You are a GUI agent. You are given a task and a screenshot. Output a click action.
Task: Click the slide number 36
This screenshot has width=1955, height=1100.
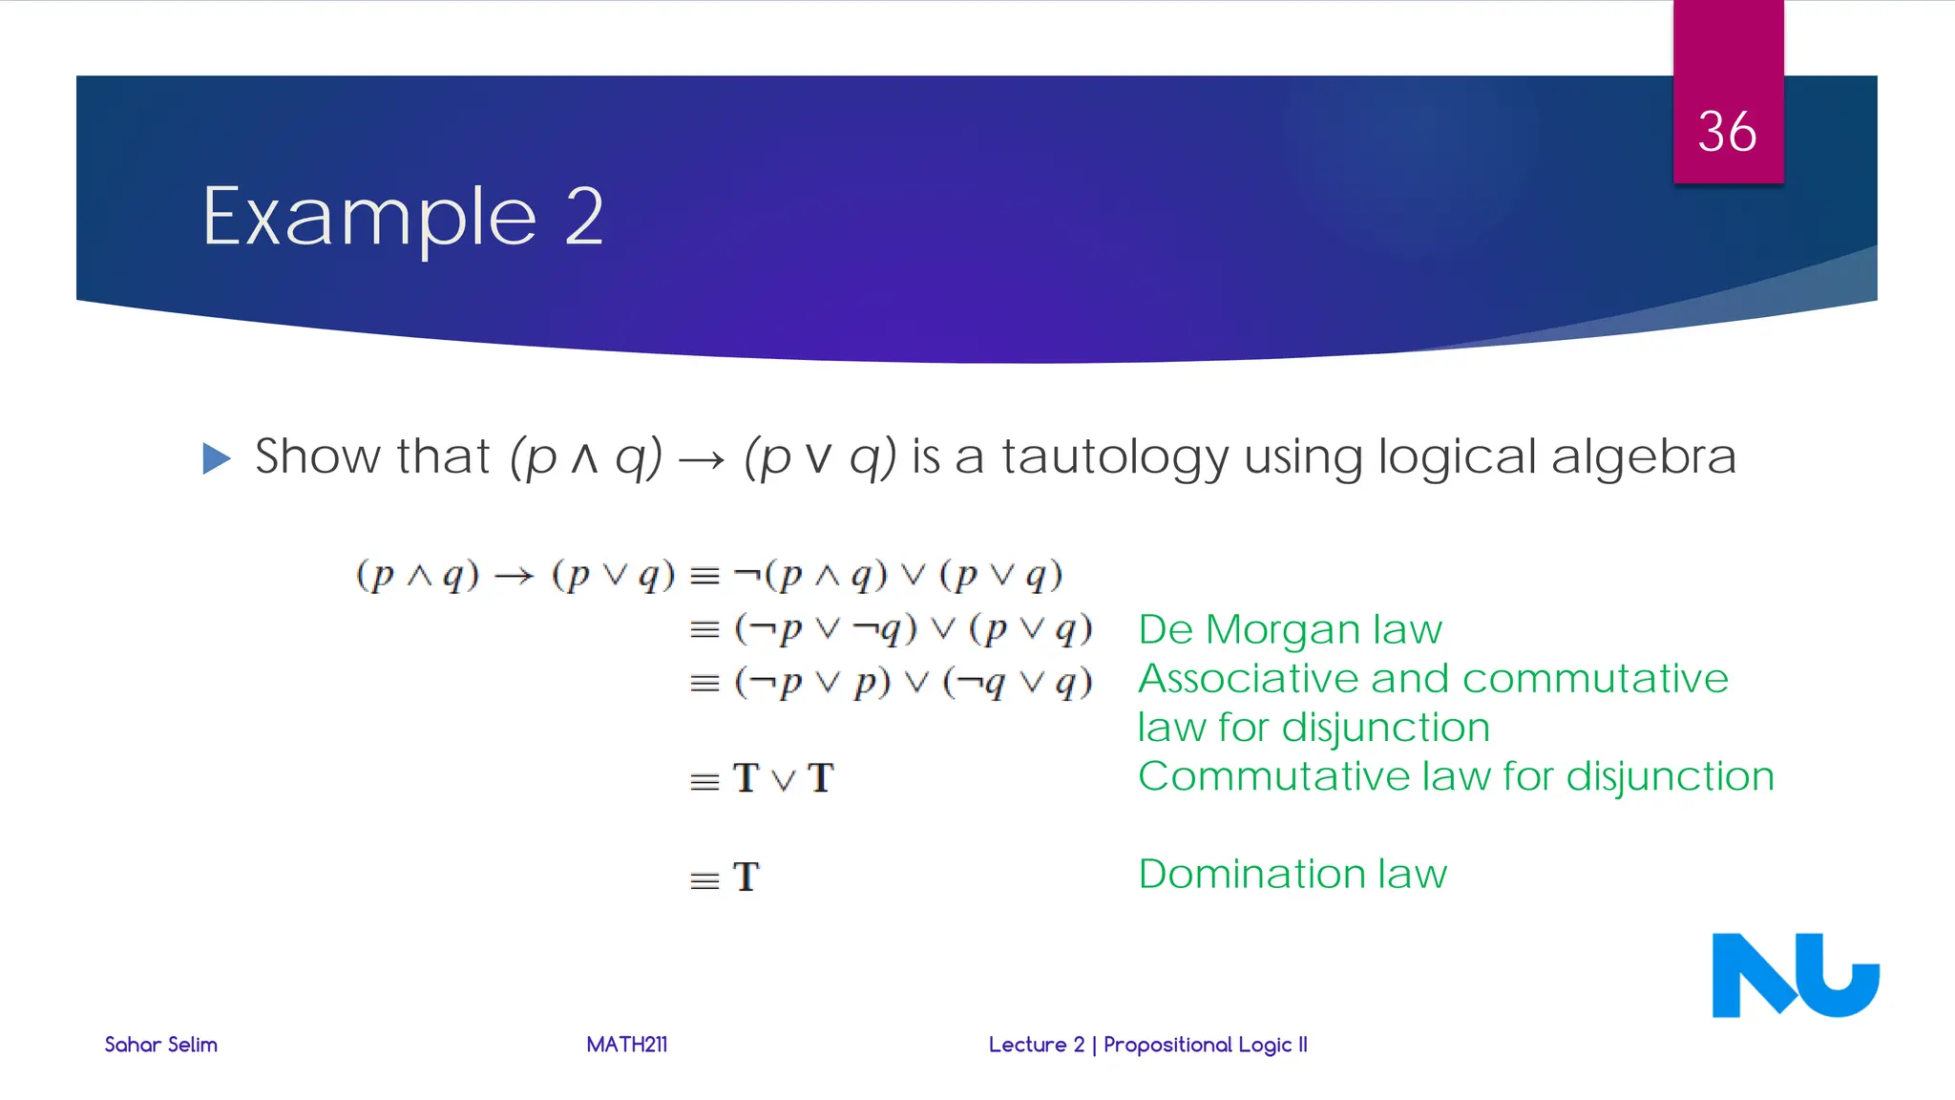coord(1727,132)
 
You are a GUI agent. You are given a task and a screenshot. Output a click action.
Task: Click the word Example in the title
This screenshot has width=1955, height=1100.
coord(369,218)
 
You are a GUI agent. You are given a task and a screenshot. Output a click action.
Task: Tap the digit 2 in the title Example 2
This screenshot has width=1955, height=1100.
coord(584,217)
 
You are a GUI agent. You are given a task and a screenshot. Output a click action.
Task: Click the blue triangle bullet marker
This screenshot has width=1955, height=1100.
coord(217,458)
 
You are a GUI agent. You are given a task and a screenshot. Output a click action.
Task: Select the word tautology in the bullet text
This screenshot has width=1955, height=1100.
coord(1114,457)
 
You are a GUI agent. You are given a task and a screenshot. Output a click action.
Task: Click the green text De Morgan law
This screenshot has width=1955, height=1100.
coord(1290,629)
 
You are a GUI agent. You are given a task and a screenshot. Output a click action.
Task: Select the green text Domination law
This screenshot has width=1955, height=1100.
coord(1293,874)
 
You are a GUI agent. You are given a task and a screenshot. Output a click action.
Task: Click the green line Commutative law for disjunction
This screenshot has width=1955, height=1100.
coord(1456,776)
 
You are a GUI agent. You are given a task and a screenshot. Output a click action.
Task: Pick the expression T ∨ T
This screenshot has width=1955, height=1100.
coord(783,778)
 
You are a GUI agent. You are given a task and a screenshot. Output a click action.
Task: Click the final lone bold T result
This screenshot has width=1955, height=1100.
coord(746,877)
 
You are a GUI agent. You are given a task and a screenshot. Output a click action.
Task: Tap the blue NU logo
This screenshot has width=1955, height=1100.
coord(1795,975)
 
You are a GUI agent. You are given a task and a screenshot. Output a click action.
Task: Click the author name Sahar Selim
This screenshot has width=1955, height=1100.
coord(160,1045)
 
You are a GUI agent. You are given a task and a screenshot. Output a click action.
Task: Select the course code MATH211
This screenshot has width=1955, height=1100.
coord(626,1045)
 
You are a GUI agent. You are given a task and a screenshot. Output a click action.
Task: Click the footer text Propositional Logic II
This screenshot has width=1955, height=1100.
coord(1205,1045)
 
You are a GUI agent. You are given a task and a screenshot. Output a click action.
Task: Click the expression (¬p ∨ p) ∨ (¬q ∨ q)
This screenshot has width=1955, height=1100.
coord(913,683)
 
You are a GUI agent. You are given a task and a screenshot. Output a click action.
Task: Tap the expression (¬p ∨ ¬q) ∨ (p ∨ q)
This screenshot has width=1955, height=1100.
coord(913,629)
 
